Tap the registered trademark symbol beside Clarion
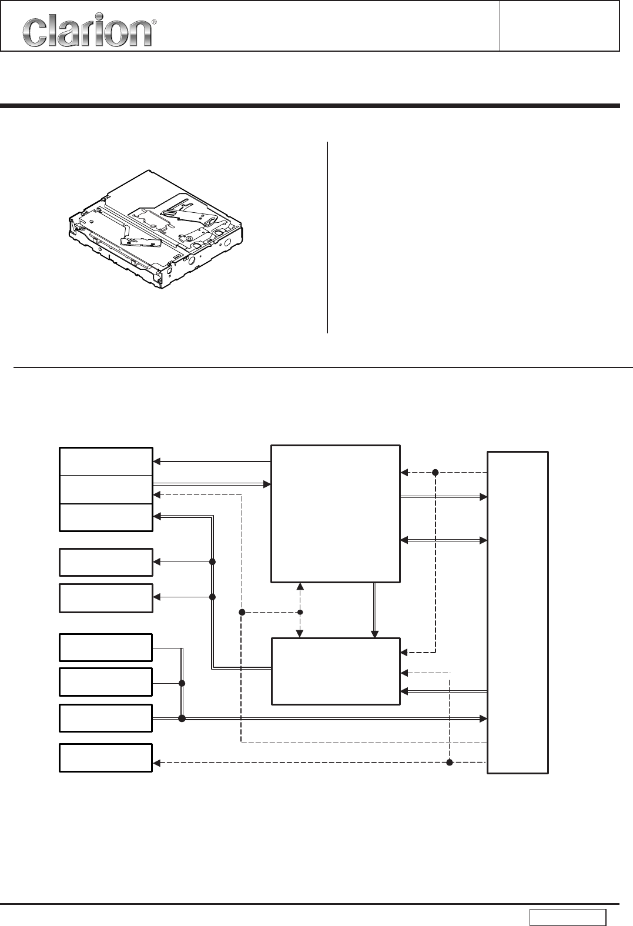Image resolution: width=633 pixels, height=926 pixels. (x=154, y=22)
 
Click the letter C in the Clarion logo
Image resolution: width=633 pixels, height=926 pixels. (x=34, y=33)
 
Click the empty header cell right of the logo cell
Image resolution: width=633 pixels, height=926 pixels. (x=559, y=26)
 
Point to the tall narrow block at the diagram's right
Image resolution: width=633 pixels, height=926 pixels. (x=518, y=612)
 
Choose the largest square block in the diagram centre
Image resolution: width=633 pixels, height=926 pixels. (x=335, y=514)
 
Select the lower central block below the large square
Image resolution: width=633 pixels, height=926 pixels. (x=335, y=671)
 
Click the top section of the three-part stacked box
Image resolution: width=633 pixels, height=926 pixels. (x=106, y=462)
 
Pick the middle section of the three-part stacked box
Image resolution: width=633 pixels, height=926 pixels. (x=106, y=489)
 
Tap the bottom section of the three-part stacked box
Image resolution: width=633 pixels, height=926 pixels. (x=106, y=517)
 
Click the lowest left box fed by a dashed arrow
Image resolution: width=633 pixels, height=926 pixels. (x=106, y=757)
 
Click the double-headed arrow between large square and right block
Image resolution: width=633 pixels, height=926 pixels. (x=444, y=540)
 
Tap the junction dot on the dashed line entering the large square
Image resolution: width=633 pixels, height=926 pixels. (x=436, y=472)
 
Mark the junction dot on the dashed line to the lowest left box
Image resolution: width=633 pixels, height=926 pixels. (x=450, y=763)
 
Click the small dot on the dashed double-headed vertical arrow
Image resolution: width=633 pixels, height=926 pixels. (x=300, y=612)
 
